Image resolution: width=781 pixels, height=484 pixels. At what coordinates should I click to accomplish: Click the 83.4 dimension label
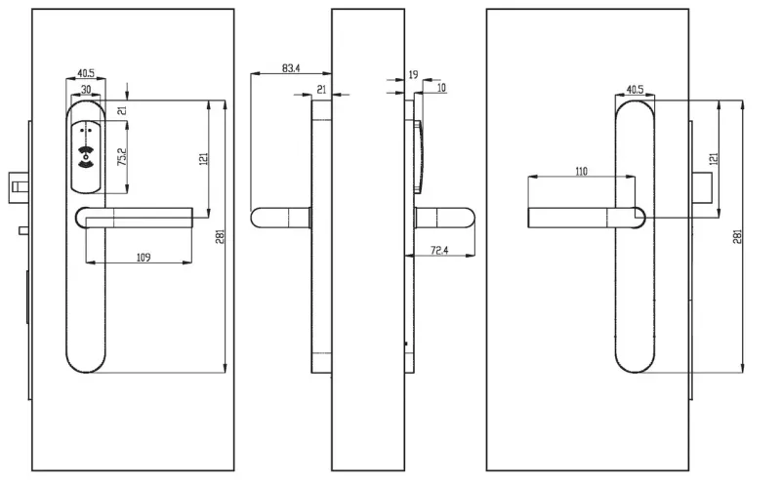click(291, 68)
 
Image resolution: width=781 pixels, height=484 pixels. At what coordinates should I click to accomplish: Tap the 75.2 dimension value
click(122, 156)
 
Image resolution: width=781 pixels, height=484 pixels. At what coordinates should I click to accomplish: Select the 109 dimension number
click(144, 257)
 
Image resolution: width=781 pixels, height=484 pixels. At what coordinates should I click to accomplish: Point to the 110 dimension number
click(581, 172)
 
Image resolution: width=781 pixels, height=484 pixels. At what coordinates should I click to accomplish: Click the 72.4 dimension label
click(438, 250)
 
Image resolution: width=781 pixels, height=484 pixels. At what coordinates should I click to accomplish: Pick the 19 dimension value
click(413, 75)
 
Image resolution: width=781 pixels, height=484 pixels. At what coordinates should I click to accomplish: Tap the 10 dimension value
click(441, 88)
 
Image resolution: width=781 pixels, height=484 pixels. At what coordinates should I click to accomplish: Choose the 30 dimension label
click(86, 89)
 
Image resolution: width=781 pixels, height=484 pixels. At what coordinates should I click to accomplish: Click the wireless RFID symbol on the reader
click(86, 156)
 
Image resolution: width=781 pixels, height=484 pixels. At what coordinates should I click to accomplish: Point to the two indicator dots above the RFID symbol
click(86, 132)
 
